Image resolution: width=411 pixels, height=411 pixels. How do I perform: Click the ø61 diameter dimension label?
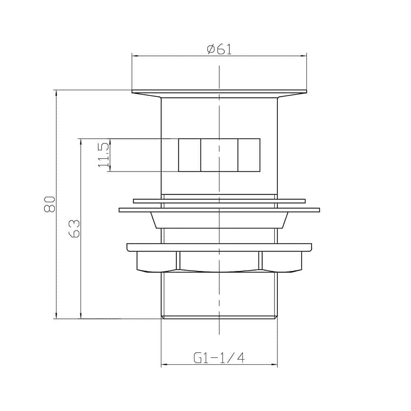pyautogui.click(x=219, y=49)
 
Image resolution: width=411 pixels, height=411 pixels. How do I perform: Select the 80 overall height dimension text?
pyautogui.click(x=50, y=204)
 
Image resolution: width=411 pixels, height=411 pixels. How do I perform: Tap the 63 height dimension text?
pyautogui.click(x=74, y=229)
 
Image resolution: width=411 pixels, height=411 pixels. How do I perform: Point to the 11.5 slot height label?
pyautogui.click(x=103, y=155)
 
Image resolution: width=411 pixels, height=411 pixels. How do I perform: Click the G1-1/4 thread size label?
pyautogui.click(x=219, y=358)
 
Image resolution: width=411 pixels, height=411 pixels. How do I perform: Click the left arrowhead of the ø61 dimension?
pyautogui.click(x=135, y=55)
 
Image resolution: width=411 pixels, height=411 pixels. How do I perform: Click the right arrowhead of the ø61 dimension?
pyautogui.click(x=304, y=55)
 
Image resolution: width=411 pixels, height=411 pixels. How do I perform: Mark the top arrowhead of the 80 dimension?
pyautogui.click(x=56, y=93)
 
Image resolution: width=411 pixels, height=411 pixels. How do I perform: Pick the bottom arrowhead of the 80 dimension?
pyautogui.click(x=56, y=316)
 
